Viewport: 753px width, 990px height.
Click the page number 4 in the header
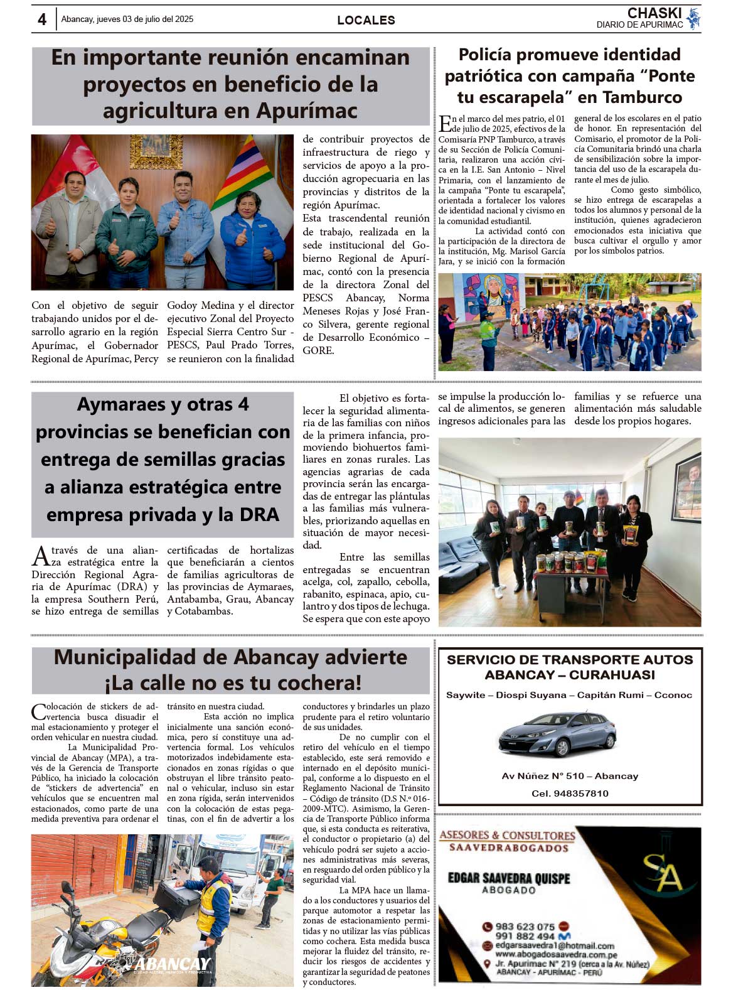coord(42,19)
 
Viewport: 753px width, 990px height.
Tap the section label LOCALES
coord(366,20)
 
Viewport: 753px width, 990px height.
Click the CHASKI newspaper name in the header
coord(654,13)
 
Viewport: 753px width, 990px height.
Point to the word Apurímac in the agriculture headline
coord(307,111)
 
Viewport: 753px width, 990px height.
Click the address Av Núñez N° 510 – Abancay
coord(570,776)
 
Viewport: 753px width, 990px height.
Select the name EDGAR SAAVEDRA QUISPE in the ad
coord(508,878)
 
